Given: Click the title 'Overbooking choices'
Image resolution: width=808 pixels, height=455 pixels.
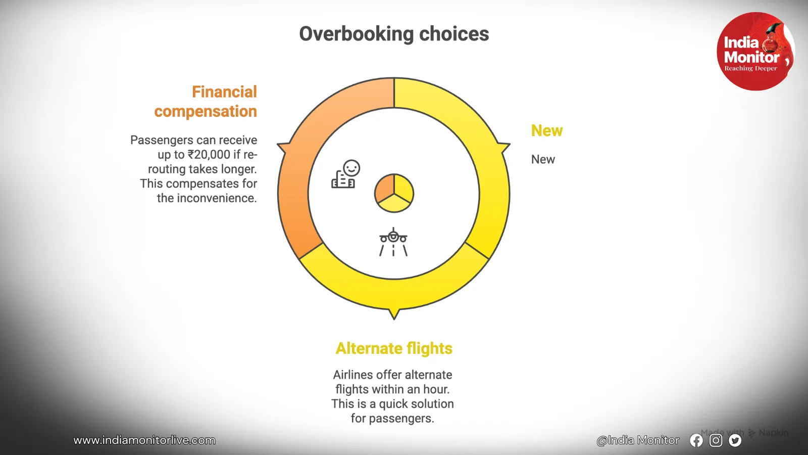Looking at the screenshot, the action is [394, 34].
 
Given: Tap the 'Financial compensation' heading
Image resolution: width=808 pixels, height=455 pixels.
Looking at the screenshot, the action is [206, 102].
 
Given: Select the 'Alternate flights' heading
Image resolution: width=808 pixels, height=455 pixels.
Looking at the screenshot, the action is [394, 348].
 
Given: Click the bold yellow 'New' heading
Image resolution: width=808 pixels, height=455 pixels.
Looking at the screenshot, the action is [547, 131].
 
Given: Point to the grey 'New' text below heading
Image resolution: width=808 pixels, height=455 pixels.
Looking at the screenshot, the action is [543, 159].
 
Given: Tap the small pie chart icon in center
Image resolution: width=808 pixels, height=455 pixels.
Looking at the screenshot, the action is [394, 193].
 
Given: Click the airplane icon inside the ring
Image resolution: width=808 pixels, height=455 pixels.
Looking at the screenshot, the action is [393, 242].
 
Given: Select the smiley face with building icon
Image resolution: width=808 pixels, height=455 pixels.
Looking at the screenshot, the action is [345, 174].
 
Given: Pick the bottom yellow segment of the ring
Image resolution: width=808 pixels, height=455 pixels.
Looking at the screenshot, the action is [394, 294].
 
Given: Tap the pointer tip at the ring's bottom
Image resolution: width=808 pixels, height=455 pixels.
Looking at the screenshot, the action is [394, 320].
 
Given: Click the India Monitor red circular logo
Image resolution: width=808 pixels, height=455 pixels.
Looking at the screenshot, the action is [755, 51].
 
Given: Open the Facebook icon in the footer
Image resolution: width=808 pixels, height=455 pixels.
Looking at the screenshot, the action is [696, 440].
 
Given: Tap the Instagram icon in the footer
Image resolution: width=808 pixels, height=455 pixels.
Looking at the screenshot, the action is [716, 440].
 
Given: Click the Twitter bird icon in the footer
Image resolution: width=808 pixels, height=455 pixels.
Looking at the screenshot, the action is [735, 440].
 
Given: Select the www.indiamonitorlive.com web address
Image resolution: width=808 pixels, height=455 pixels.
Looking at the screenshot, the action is [144, 440].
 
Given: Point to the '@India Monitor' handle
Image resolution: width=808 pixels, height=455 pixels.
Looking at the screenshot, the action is [638, 440].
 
